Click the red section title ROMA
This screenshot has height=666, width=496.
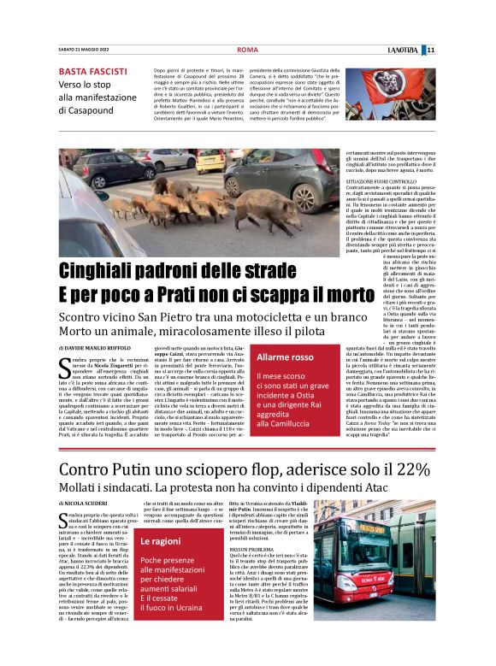[247, 50]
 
